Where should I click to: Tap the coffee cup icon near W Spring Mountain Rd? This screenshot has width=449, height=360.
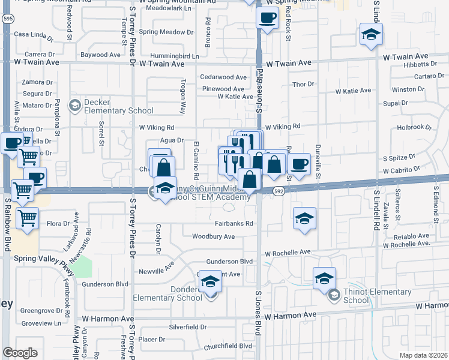(267, 17)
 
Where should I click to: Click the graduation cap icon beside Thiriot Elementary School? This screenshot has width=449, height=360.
(324, 278)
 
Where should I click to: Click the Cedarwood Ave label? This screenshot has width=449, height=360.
(223, 77)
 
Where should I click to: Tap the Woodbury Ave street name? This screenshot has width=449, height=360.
(213, 236)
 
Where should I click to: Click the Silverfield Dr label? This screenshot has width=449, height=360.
(187, 328)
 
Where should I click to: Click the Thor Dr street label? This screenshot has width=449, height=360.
(303, 85)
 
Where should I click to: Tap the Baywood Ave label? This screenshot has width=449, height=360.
(101, 55)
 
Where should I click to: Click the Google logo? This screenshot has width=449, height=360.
(20, 353)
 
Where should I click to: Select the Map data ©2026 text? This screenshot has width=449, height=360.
(423, 355)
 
